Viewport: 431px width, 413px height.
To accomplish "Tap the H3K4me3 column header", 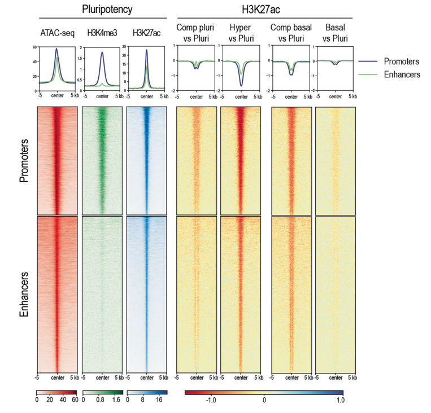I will [102, 32].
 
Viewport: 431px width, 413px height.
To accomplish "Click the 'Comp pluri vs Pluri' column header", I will [195, 32].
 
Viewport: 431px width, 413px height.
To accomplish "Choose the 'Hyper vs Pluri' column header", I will [240, 32].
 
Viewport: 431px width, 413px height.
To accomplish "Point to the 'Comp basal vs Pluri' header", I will [291, 32].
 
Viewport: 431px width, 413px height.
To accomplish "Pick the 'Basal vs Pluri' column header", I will [334, 32].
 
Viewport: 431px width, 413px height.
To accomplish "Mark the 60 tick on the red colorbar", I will [73, 399].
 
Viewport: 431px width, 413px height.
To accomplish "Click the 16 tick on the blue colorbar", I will [159, 399].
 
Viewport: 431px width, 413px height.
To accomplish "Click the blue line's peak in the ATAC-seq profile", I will [56, 49].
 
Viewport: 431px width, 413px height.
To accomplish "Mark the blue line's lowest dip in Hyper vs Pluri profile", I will [241, 86].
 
